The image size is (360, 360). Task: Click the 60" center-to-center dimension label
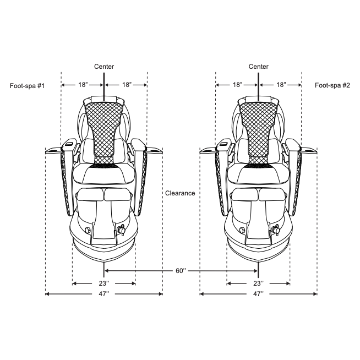point(181,271)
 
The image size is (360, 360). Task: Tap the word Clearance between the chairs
point(180,193)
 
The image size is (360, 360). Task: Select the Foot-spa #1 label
point(27,86)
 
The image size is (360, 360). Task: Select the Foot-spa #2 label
point(332,85)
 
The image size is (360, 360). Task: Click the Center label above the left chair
point(104,67)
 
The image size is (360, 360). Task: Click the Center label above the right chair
point(259,67)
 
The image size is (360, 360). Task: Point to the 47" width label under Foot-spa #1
point(104,293)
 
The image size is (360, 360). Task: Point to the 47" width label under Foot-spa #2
point(258,293)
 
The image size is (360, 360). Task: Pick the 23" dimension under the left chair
point(104,283)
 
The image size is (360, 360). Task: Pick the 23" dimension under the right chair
point(258,283)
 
